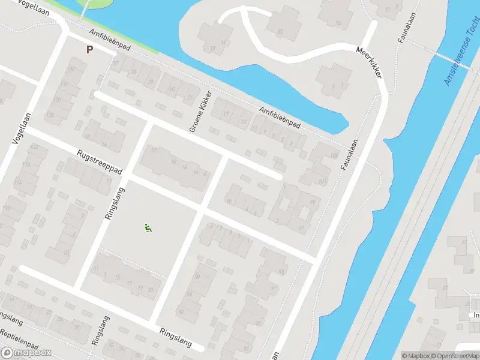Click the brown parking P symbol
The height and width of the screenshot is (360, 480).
[89, 50]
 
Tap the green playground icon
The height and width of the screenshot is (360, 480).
[148, 227]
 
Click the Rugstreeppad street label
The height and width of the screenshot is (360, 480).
[100, 162]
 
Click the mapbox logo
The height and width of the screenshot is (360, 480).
[26, 353]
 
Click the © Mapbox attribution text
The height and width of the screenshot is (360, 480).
[416, 356]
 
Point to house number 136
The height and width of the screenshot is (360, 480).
[74, 70]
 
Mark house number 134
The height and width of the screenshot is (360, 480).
[50, 115]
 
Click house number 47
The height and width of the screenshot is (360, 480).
[465, 241]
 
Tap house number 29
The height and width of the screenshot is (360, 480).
[151, 82]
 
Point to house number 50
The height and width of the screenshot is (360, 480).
[181, 312]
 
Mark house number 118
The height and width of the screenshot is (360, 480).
[26, 163]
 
